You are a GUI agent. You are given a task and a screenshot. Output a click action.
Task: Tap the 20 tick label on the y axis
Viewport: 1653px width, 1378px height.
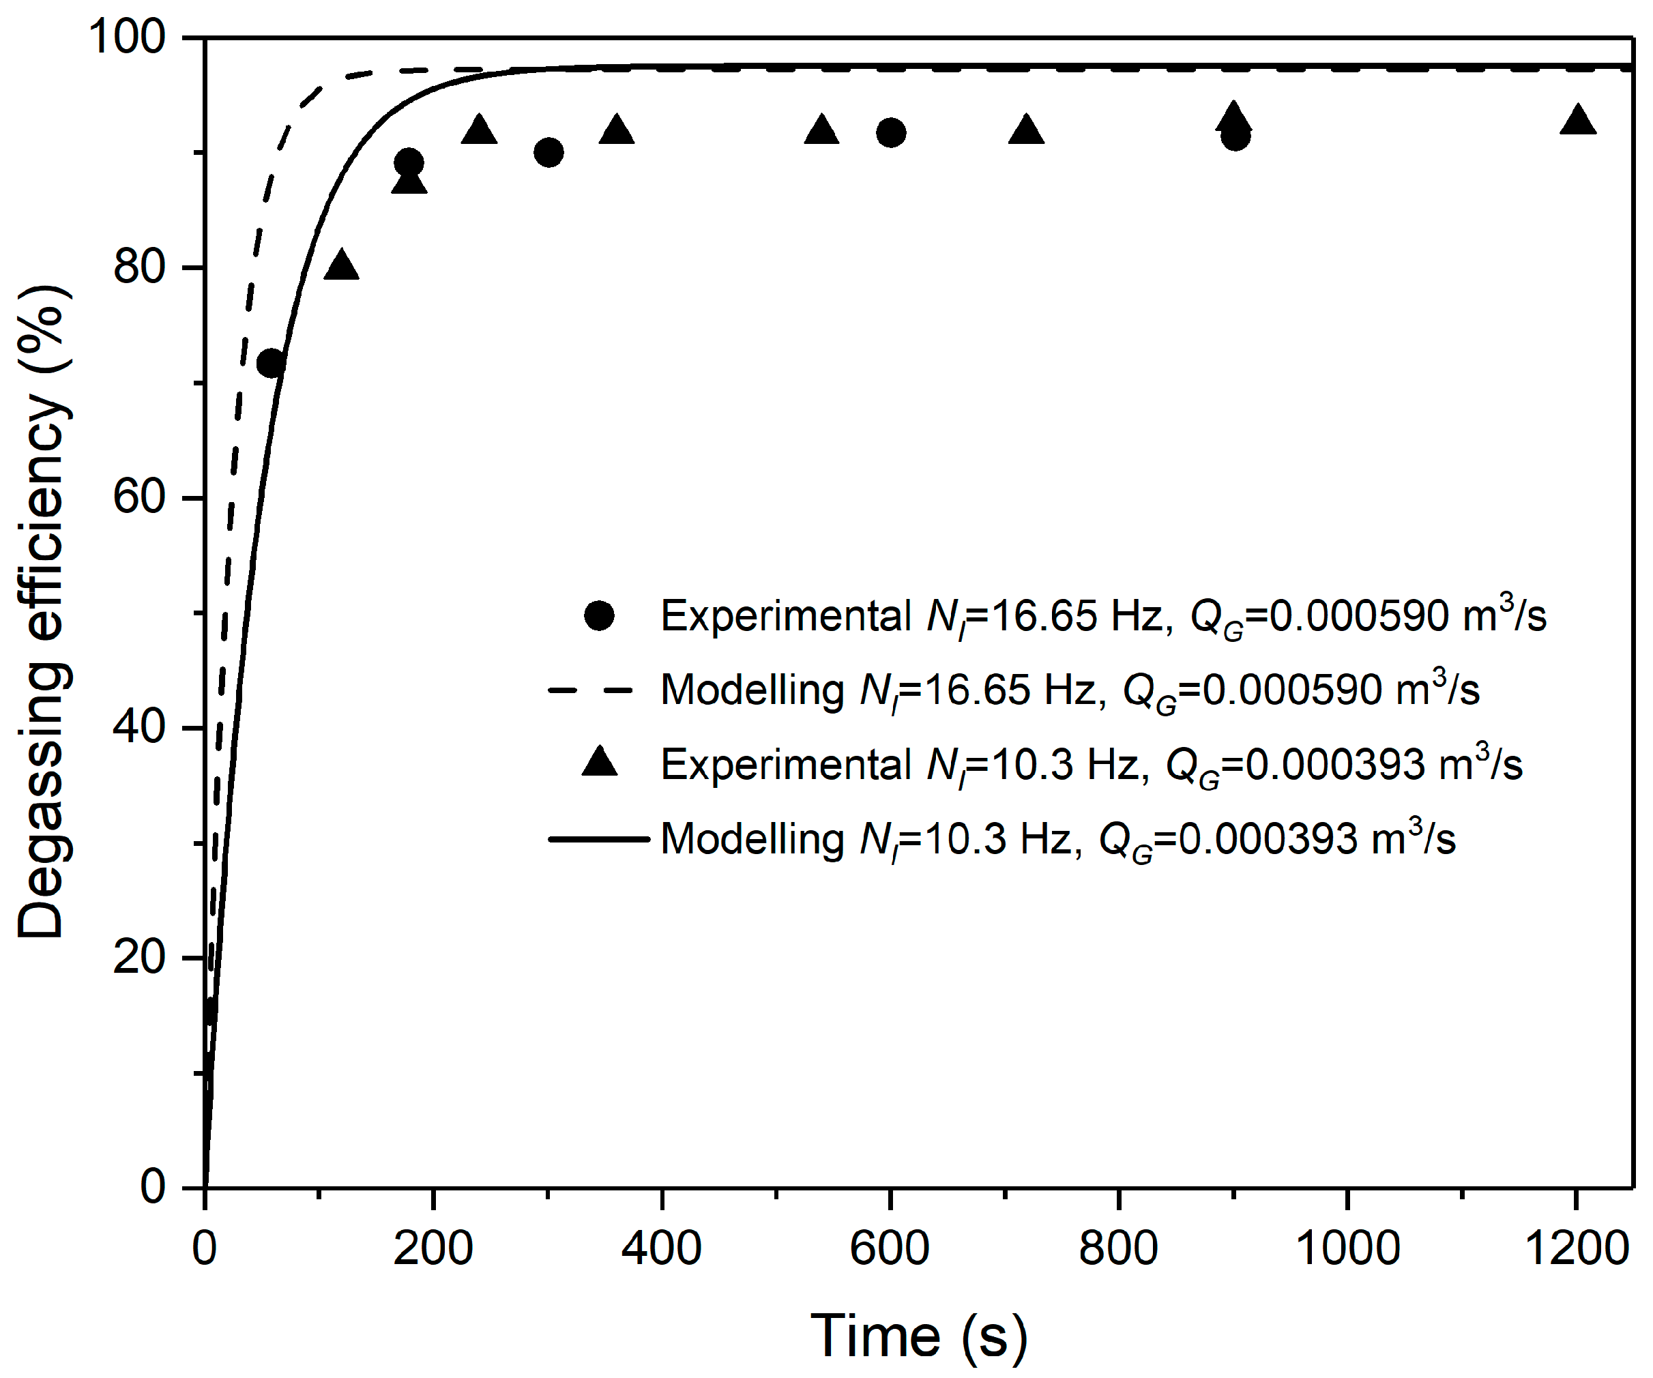pyautogui.click(x=139, y=957)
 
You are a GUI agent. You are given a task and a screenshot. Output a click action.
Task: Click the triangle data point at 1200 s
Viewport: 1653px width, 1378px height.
pyautogui.click(x=1577, y=121)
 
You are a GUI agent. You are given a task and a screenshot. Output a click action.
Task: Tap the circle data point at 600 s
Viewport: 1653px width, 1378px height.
pyautogui.click(x=890, y=133)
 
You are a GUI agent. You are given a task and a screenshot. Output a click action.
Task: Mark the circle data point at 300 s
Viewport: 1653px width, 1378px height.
pyautogui.click(x=548, y=153)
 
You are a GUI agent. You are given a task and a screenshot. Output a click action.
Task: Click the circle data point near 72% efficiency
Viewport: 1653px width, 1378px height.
pyautogui.click(x=270, y=363)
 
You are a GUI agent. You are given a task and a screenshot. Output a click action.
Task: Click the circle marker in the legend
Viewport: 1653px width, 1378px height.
pyautogui.click(x=599, y=615)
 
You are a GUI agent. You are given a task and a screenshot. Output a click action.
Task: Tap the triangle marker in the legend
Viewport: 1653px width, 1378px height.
pyautogui.click(x=599, y=763)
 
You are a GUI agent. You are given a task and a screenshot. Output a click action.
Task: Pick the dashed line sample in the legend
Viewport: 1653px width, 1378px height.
pyautogui.click(x=590, y=690)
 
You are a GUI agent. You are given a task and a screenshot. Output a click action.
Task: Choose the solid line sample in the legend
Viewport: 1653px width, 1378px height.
pyautogui.click(x=598, y=839)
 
